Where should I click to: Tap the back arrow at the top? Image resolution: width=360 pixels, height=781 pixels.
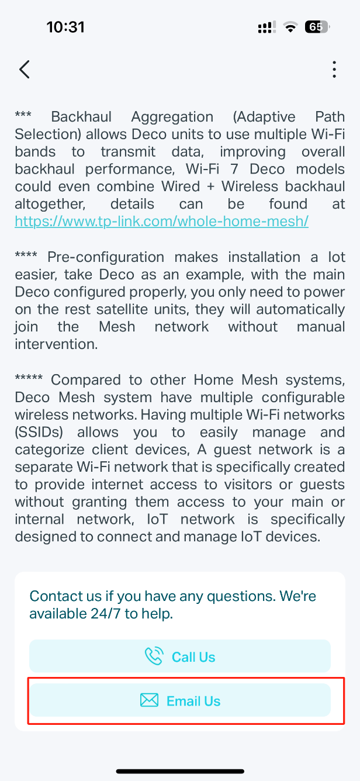pyautogui.click(x=25, y=70)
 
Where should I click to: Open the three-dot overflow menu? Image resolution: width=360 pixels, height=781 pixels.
pyautogui.click(x=334, y=70)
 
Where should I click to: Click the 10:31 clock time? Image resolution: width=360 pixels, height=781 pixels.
pyautogui.click(x=65, y=27)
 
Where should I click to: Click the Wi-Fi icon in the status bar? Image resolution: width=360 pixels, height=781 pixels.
pyautogui.click(x=290, y=27)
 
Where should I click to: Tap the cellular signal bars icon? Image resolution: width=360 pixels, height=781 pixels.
pyautogui.click(x=267, y=27)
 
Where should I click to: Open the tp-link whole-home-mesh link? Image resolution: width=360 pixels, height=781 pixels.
pyautogui.click(x=162, y=222)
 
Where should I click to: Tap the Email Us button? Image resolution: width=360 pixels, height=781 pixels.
pyautogui.click(x=180, y=701)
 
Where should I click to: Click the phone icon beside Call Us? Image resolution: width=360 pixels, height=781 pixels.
pyautogui.click(x=154, y=656)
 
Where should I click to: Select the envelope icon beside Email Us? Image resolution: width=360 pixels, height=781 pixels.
pyautogui.click(x=149, y=700)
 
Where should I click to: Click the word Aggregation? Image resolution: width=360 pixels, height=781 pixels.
pyautogui.click(x=172, y=117)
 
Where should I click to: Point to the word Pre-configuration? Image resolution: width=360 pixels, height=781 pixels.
pyautogui.click(x=106, y=257)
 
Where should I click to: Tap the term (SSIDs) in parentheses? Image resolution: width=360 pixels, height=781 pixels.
pyautogui.click(x=39, y=433)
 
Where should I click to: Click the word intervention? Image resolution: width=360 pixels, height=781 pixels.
pyautogui.click(x=56, y=344)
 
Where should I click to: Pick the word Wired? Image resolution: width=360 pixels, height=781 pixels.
pyautogui.click(x=181, y=186)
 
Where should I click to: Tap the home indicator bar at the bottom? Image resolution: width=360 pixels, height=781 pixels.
pyautogui.click(x=180, y=772)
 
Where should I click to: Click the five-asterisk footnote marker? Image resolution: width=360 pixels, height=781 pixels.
pyautogui.click(x=29, y=378)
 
